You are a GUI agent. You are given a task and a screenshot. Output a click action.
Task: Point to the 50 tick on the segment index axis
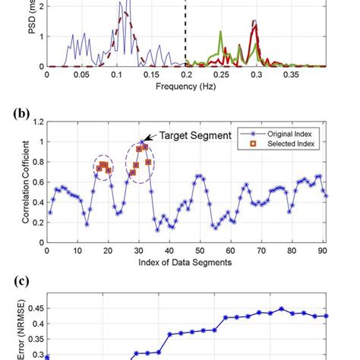click(x=198, y=251)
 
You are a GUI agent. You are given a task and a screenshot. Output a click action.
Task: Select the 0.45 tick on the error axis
click(x=33, y=309)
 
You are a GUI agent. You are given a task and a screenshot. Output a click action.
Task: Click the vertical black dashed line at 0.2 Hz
click(x=185, y=38)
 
